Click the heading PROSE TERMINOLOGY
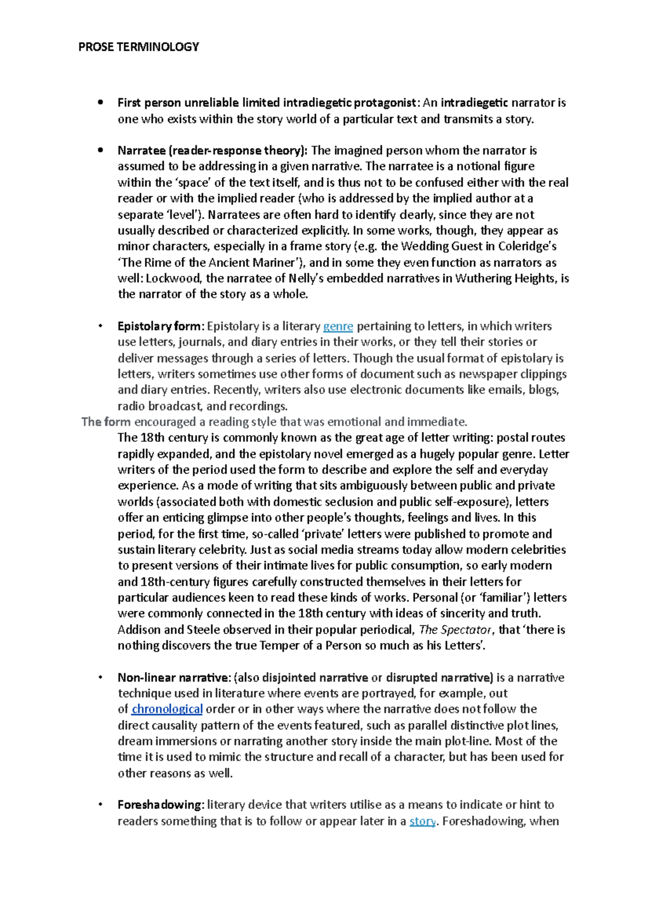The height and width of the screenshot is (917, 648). (x=139, y=47)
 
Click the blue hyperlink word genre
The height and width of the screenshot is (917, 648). (x=338, y=326)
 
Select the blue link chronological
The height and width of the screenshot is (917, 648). (x=167, y=709)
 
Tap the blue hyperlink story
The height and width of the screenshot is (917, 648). (x=422, y=821)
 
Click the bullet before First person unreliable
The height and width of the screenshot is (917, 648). (x=100, y=103)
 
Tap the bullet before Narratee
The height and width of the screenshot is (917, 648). (x=100, y=151)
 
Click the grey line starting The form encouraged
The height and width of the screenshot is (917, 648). (x=274, y=422)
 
